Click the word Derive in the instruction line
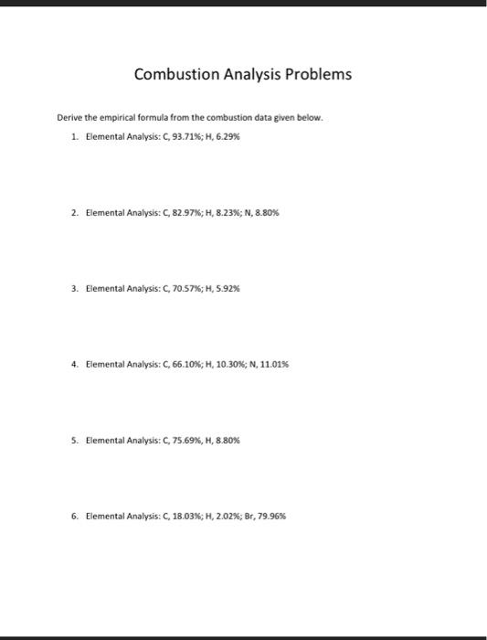[69, 119]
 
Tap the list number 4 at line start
[72, 364]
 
